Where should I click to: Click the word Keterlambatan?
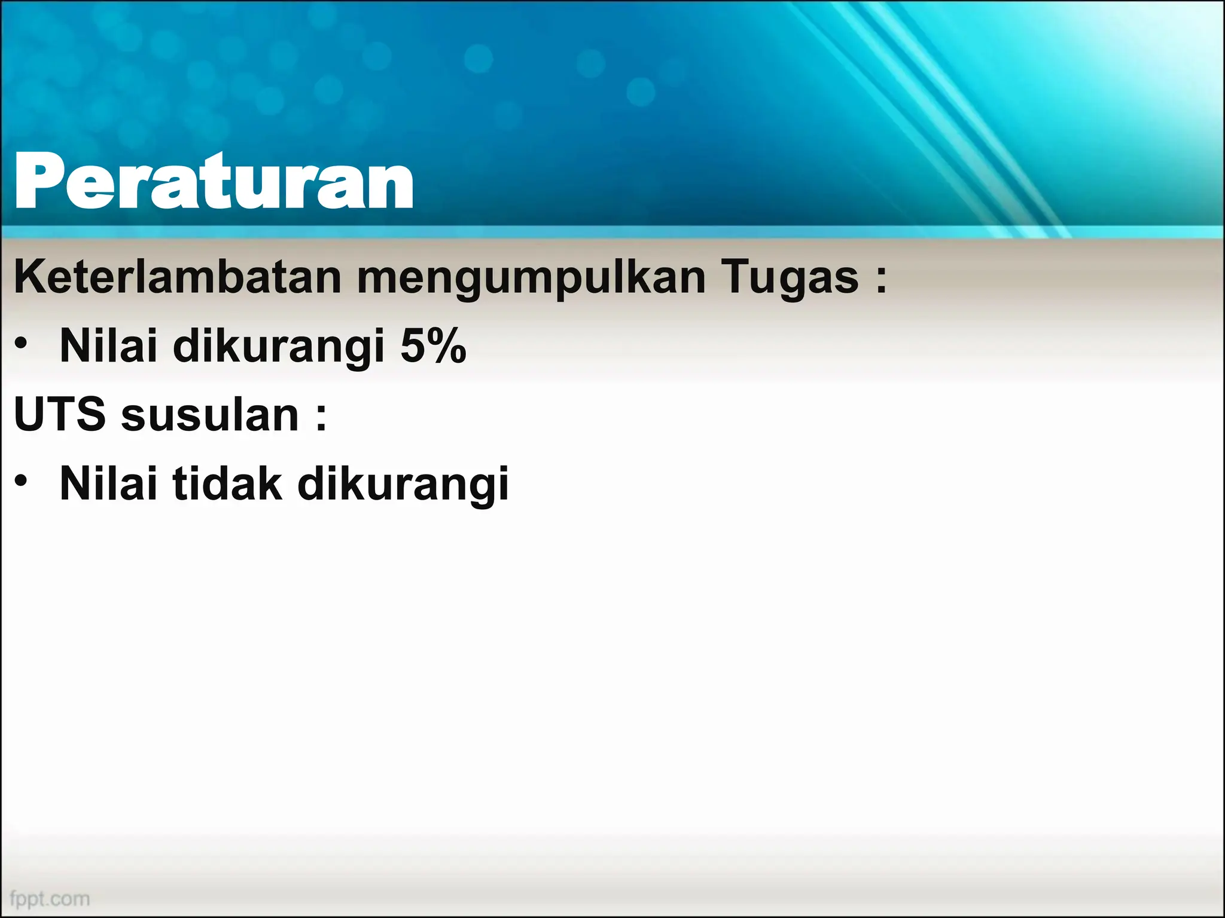pyautogui.click(x=177, y=277)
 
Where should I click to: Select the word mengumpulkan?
pyautogui.click(x=531, y=279)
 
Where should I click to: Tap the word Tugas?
pyautogui.click(x=790, y=279)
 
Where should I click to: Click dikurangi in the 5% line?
pyautogui.click(x=278, y=347)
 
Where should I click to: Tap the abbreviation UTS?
pyautogui.click(x=59, y=415)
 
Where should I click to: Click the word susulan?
pyautogui.click(x=209, y=415)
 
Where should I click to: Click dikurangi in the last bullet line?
pyautogui.click(x=403, y=485)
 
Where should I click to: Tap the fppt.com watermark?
pyautogui.click(x=50, y=898)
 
